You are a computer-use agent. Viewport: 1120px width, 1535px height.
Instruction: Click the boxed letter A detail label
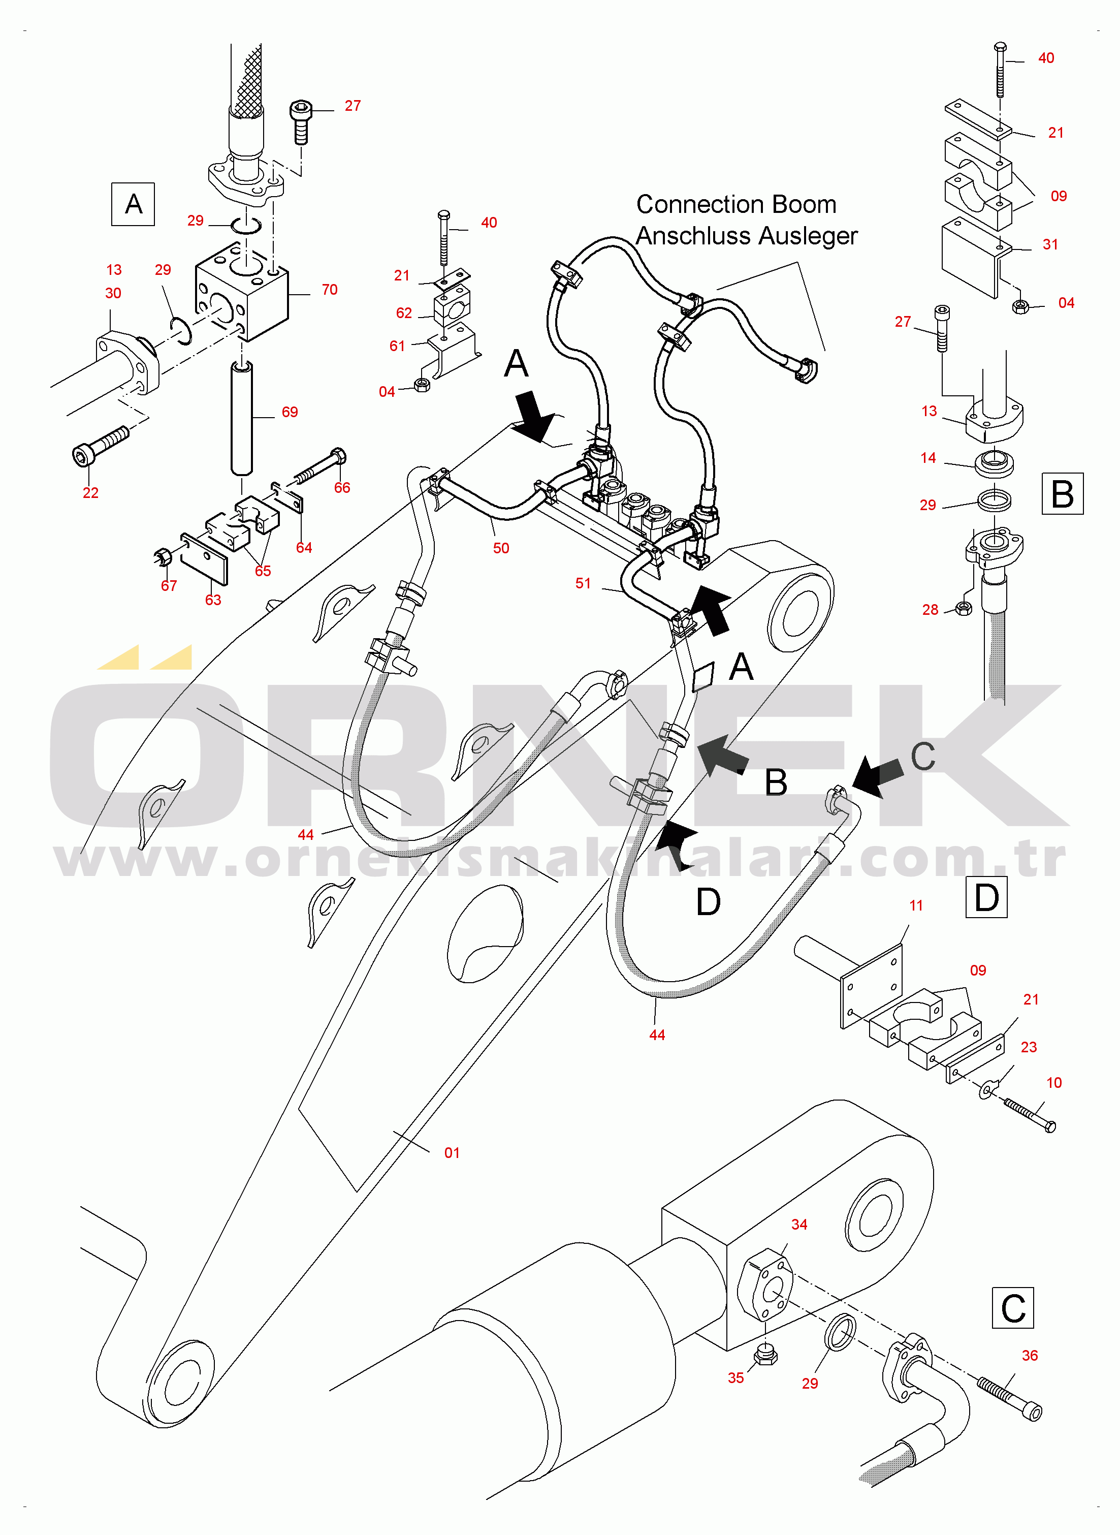(x=133, y=204)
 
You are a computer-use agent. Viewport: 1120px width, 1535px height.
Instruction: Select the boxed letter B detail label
(x=1062, y=493)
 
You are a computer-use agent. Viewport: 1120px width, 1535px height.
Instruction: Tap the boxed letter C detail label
(x=1012, y=1308)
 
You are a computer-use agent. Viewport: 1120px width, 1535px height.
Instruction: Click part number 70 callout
(x=330, y=290)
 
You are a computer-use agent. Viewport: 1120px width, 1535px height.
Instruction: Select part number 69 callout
(x=290, y=412)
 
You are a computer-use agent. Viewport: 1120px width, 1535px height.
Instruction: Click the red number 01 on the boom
(x=452, y=1152)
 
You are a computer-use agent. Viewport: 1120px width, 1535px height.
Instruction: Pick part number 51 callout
(x=583, y=583)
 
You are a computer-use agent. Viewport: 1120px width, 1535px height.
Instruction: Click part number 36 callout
(x=1030, y=1355)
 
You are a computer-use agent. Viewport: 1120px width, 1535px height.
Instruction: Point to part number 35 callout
(x=735, y=1377)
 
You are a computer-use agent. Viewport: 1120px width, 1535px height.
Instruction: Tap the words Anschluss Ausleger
(x=747, y=236)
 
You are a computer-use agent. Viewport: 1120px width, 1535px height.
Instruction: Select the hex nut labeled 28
(x=962, y=608)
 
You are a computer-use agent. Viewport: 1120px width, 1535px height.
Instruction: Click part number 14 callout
(x=928, y=458)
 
